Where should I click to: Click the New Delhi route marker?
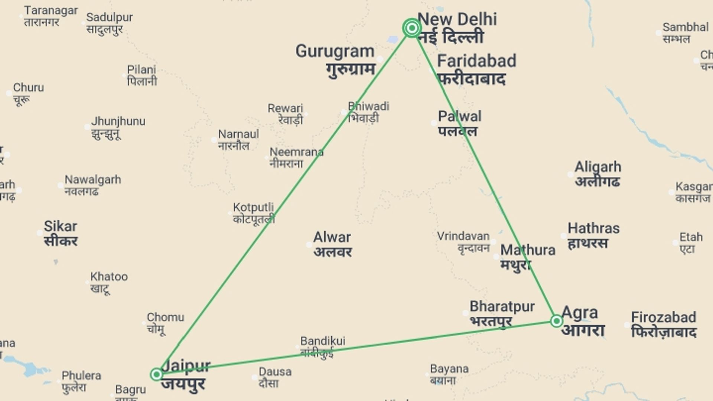coord(411,28)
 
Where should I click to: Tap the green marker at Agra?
coord(556,321)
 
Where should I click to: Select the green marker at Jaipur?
coord(156,374)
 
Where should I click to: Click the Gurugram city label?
coord(335,51)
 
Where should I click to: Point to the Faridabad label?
coord(476,61)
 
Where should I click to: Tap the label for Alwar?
coord(332,237)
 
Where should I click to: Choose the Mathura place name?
coord(528,250)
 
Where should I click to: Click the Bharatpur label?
coord(502,307)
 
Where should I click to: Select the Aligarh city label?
coord(598,167)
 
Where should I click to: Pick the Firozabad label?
coord(664,317)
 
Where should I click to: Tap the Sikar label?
coord(61,226)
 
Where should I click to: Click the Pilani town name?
coord(141,70)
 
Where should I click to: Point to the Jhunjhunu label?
coord(118,121)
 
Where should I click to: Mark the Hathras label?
coord(593,228)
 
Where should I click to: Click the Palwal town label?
coord(459,117)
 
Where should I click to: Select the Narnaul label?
coord(238,134)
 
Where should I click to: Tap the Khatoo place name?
coord(109,277)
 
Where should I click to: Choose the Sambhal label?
coord(686,27)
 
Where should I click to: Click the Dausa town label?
coord(275,372)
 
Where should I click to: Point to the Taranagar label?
coord(51,10)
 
